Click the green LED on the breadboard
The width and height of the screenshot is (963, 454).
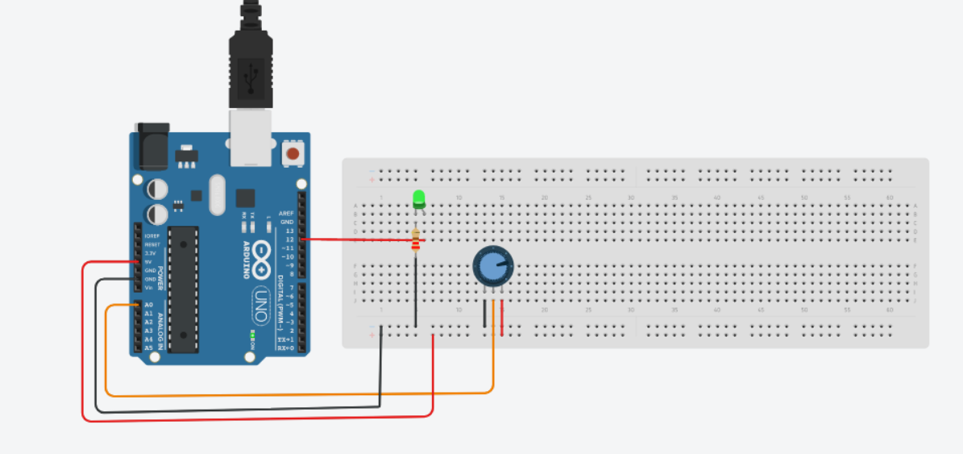(418, 198)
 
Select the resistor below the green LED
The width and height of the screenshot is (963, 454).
(416, 239)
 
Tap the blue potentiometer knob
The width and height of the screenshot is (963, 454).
(492, 267)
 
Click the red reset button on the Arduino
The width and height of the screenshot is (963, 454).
(293, 153)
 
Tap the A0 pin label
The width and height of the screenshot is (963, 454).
(148, 305)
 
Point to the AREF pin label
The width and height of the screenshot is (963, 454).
(287, 213)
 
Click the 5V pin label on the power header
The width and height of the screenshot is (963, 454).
(149, 261)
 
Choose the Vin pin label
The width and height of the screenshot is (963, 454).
(149, 288)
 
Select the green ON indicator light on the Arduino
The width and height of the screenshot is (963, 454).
(251, 334)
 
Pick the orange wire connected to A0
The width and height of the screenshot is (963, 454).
(298, 394)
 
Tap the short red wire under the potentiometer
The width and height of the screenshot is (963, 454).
(502, 318)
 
